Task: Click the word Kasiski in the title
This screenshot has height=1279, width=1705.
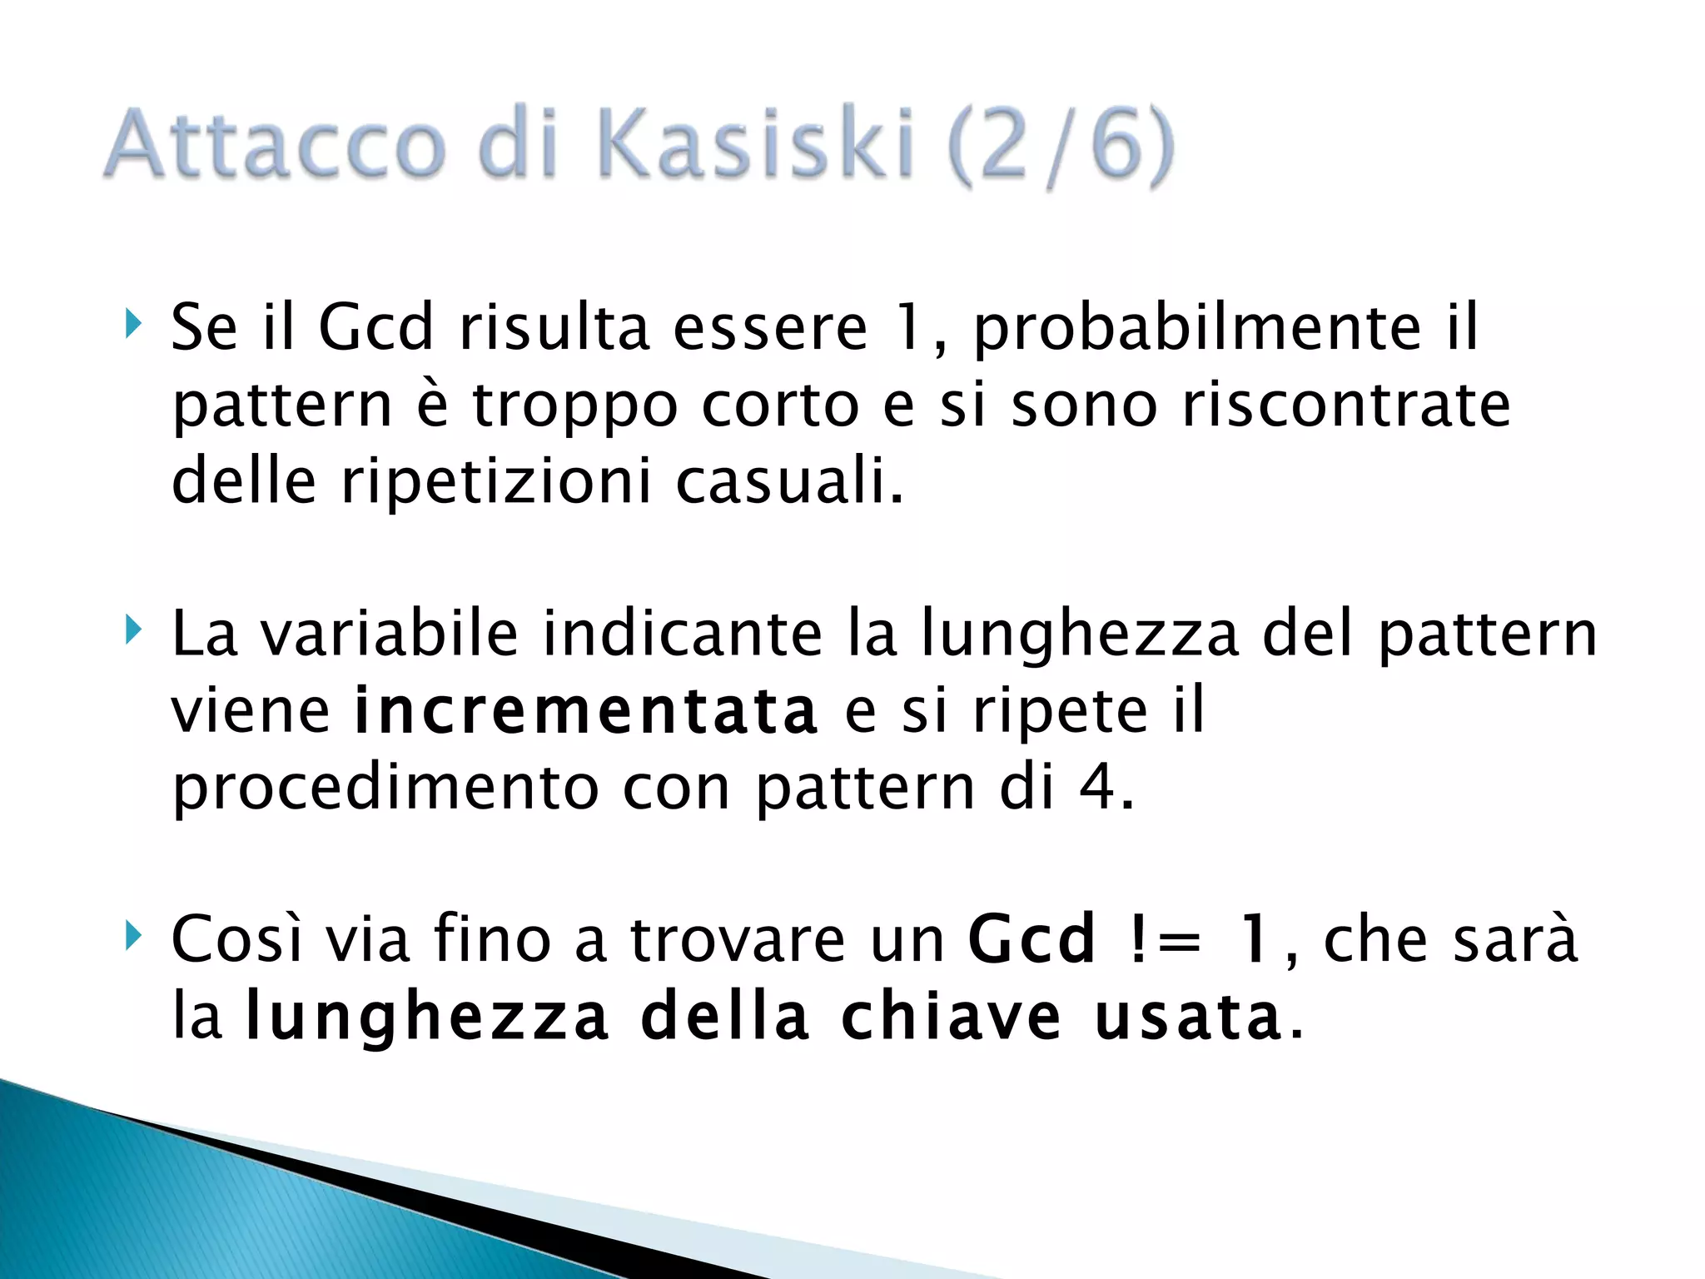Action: (x=756, y=143)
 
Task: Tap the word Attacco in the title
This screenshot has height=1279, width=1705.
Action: (x=276, y=143)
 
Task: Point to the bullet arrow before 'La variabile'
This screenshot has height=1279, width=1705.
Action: (x=132, y=630)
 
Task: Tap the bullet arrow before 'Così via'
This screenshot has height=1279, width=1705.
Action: (x=132, y=935)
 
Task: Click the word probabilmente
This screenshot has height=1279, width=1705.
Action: (x=1196, y=329)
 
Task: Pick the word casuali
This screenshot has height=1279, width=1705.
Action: (x=788, y=481)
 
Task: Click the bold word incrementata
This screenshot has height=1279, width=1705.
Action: (x=586, y=712)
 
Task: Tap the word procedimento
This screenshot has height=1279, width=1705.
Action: (x=385, y=788)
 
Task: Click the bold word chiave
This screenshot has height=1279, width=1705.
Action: (x=951, y=1017)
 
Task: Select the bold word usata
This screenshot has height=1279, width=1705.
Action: (x=1187, y=1017)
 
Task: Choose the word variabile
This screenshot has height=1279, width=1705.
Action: (x=390, y=635)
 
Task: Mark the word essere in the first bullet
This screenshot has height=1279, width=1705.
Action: (x=770, y=327)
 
